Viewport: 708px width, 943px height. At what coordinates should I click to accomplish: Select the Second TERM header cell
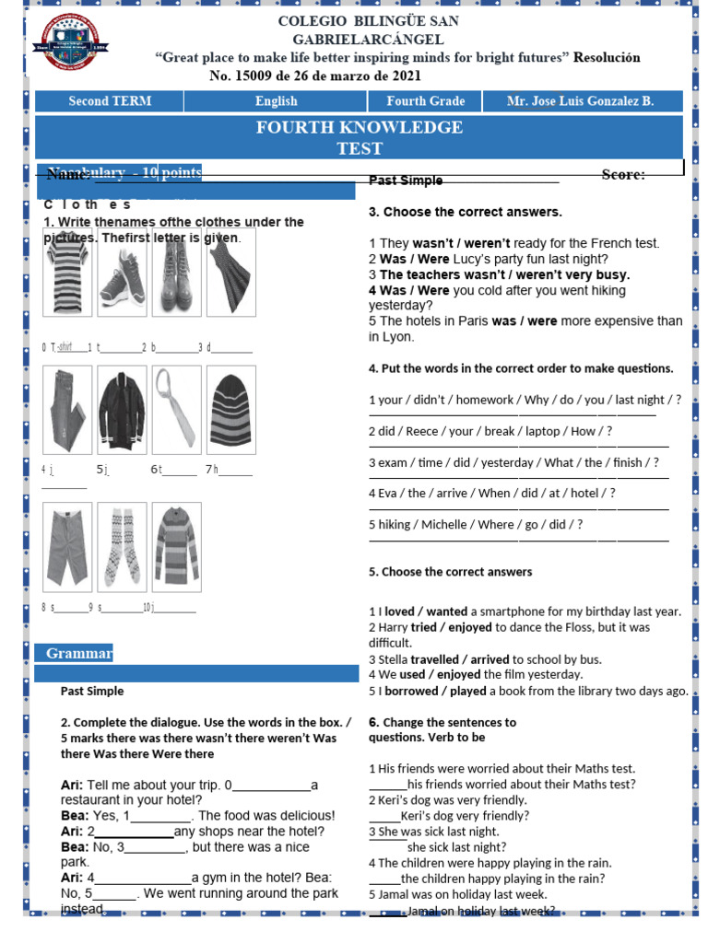(x=110, y=101)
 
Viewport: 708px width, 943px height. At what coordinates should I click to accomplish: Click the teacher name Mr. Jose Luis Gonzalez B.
(x=580, y=101)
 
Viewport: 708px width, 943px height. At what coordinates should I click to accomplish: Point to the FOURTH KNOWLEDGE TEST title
(x=360, y=137)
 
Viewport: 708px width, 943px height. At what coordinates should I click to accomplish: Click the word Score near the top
(x=623, y=174)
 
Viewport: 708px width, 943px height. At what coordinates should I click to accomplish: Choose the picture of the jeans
(x=68, y=410)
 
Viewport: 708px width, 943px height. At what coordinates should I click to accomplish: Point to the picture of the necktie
(x=176, y=410)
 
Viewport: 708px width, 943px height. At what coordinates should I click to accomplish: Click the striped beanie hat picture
(x=230, y=410)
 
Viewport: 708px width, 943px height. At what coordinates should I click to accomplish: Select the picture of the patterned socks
(x=122, y=546)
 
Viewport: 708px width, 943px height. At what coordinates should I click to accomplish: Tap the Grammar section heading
(x=79, y=654)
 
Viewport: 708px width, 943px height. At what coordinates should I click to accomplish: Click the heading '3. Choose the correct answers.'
(x=465, y=212)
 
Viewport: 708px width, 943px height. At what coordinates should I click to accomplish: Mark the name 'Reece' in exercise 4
(x=415, y=431)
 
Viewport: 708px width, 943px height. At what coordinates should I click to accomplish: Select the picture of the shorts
(x=68, y=546)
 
